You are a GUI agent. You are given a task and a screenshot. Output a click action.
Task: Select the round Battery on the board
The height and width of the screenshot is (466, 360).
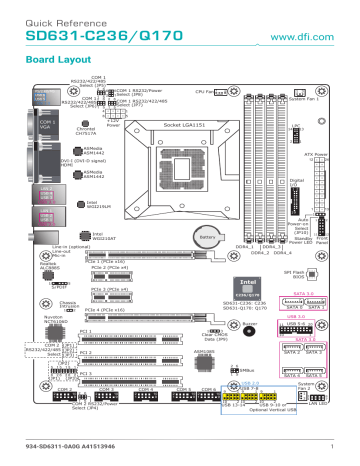pos(206,238)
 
